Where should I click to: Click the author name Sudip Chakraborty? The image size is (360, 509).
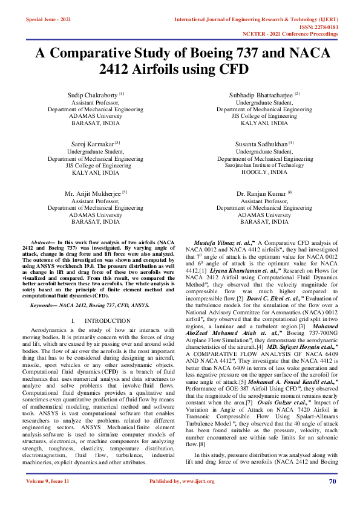[93, 95]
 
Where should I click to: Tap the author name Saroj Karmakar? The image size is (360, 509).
[90, 144]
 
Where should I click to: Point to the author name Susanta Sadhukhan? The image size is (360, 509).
[263, 144]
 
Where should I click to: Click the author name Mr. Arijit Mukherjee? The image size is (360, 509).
[93, 193]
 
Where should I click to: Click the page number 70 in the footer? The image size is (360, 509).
[332, 498]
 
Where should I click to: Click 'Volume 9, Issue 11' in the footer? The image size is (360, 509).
[48, 498]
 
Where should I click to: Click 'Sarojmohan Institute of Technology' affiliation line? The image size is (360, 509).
[264, 165]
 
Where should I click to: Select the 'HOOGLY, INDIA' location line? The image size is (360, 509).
[264, 172]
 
